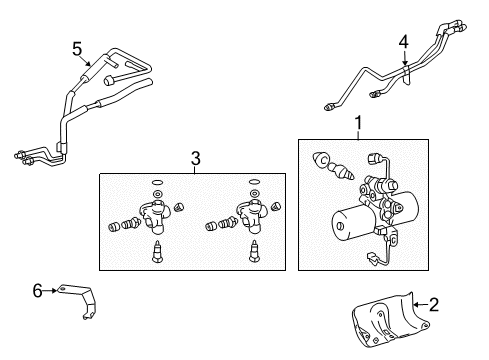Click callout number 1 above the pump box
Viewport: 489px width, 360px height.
click(358, 123)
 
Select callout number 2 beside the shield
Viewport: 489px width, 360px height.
click(434, 305)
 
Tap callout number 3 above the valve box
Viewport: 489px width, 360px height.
click(196, 158)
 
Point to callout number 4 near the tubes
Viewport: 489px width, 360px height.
click(404, 42)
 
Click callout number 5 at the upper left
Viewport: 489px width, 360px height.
click(77, 49)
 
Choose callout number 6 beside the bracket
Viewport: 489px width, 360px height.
click(37, 291)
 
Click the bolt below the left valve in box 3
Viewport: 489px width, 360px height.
click(156, 252)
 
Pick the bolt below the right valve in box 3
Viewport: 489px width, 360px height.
click(254, 252)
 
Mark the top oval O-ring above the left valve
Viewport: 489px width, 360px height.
click(157, 182)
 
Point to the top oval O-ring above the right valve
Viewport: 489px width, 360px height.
click(254, 182)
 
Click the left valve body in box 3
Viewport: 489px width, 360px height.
click(153, 216)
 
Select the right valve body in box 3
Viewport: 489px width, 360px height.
click(251, 216)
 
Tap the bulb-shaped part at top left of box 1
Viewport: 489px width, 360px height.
click(321, 159)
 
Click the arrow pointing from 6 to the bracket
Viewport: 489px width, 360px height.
click(50, 291)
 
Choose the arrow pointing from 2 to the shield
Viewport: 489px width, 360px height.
click(420, 304)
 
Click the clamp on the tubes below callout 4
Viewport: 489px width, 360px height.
click(406, 75)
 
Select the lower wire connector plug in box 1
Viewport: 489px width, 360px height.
click(371, 259)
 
